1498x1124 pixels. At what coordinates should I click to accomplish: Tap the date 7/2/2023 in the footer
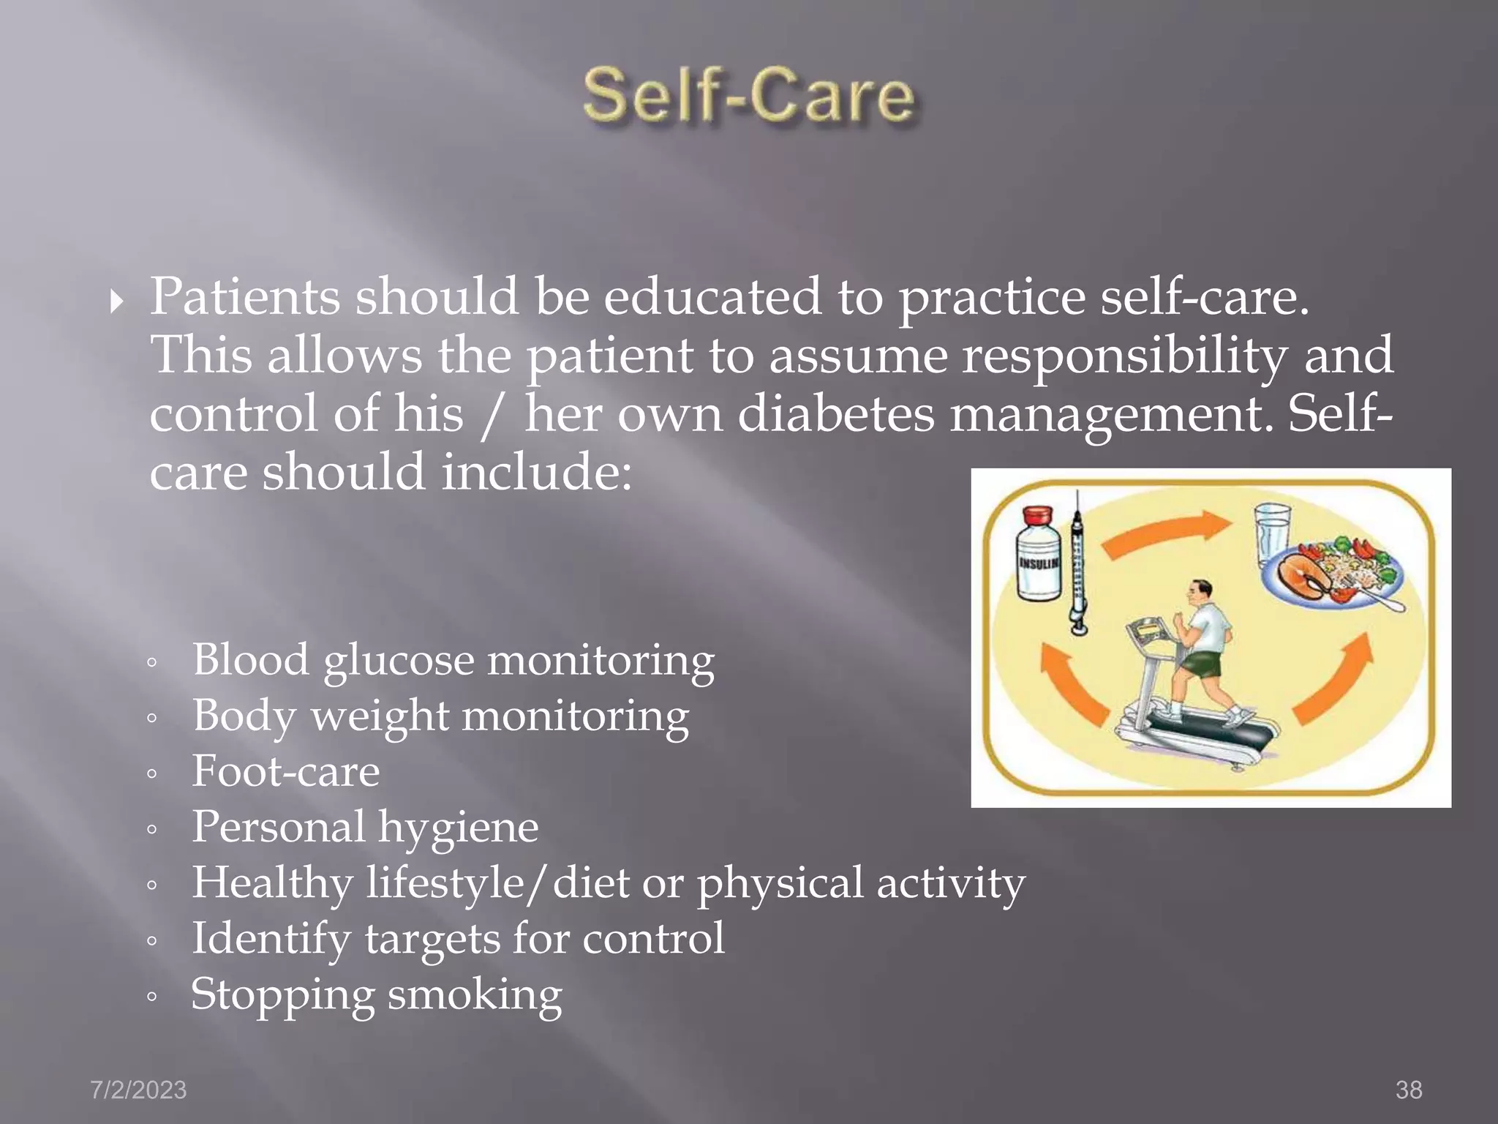(138, 1090)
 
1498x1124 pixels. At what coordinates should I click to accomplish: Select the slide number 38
(1409, 1090)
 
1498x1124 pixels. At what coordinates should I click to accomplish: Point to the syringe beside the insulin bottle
(1077, 563)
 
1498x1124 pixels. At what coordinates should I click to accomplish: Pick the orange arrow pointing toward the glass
(1163, 534)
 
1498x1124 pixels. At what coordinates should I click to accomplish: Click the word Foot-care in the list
(285, 771)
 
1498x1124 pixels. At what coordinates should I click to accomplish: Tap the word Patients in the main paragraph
(244, 297)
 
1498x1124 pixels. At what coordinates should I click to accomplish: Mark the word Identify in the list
(271, 939)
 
